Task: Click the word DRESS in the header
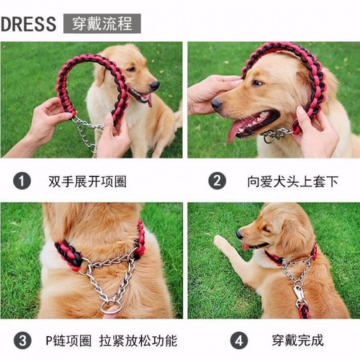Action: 28,23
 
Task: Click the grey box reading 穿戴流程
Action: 102,23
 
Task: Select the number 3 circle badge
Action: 22,339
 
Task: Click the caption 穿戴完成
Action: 297,339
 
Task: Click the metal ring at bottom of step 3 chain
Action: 110,307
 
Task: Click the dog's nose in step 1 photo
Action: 155,85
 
